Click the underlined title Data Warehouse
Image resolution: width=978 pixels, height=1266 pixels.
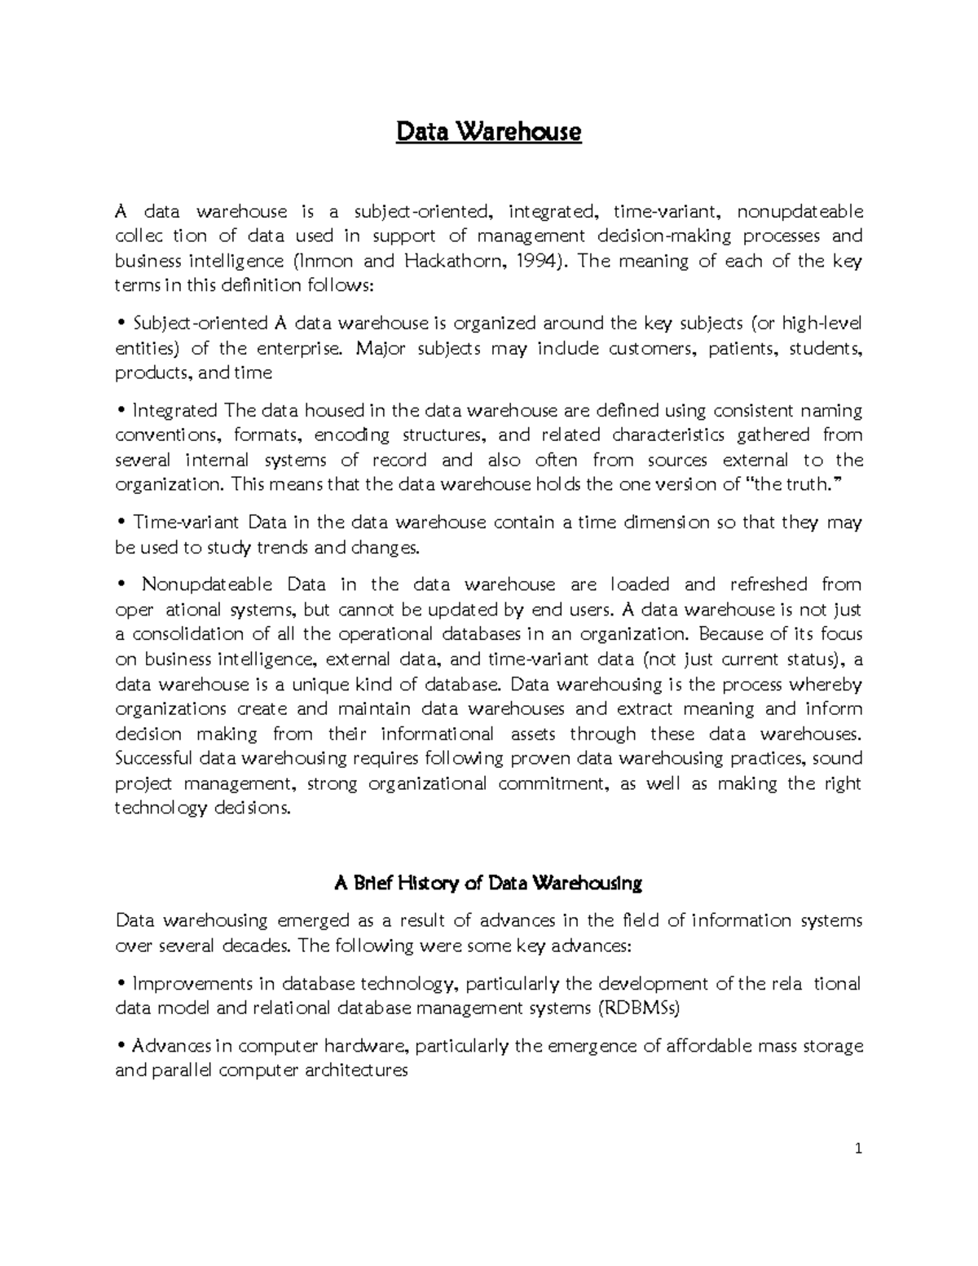tap(488, 131)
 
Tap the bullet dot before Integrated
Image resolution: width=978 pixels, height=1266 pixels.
tap(121, 411)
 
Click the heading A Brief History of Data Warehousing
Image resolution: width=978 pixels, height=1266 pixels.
tap(488, 883)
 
